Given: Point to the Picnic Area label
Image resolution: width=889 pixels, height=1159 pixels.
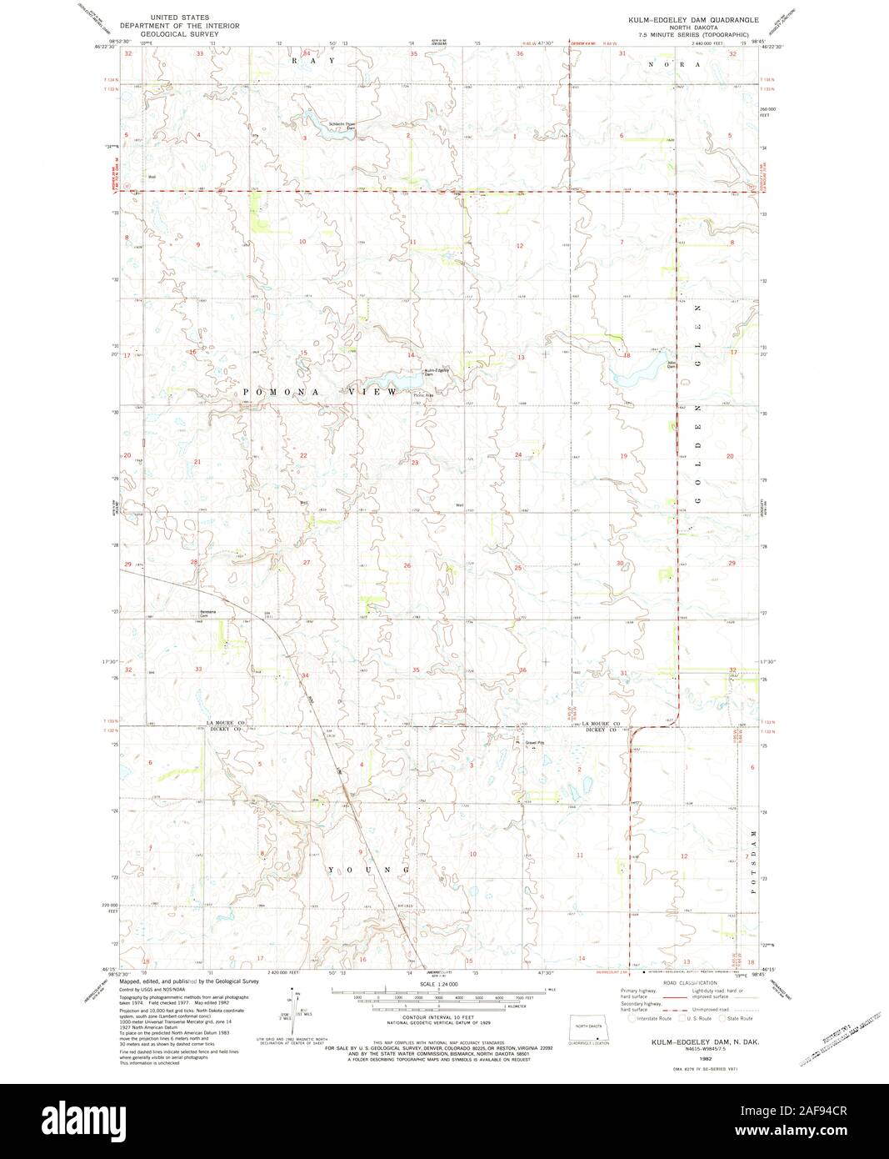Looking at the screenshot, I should [x=424, y=395].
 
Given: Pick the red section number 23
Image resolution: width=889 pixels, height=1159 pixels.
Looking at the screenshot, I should [x=414, y=462].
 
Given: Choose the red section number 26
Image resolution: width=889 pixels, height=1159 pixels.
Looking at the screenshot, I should [x=407, y=566].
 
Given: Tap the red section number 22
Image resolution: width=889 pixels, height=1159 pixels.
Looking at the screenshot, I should [x=303, y=455].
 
